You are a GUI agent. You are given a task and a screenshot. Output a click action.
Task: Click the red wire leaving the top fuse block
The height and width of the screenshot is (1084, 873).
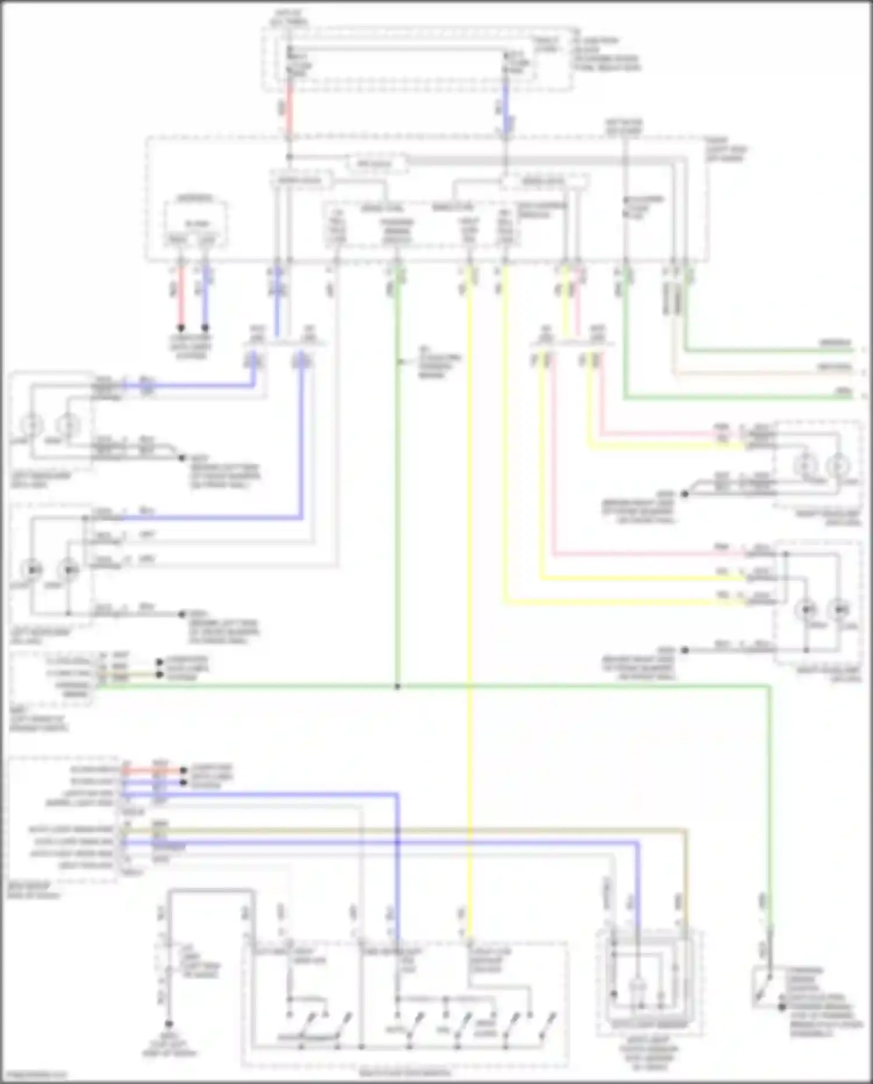(289, 111)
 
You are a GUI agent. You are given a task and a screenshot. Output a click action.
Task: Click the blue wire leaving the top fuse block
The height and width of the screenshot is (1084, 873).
(506, 111)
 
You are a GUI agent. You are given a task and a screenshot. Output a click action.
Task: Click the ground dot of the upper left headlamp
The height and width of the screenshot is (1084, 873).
(182, 458)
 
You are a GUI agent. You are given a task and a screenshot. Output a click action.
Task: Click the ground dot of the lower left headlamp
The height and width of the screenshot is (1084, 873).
(182, 614)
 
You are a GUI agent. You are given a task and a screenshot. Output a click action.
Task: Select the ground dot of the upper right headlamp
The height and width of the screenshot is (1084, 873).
(685, 494)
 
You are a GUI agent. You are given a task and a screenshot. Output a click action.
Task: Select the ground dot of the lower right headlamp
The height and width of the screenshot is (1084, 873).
(685, 650)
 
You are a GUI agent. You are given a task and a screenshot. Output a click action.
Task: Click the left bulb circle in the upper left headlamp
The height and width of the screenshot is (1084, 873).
(32, 426)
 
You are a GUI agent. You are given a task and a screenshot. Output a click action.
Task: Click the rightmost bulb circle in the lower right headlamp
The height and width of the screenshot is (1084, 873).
(840, 609)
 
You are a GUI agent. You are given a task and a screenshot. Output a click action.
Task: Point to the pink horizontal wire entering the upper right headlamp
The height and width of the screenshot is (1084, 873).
(658, 434)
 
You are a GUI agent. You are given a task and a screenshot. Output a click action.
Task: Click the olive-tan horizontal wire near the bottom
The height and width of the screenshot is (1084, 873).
(407, 829)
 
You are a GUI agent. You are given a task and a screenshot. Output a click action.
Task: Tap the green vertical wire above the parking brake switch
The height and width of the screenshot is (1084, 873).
(770, 815)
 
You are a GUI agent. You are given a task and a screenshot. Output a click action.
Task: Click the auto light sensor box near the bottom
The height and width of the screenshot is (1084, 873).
(648, 984)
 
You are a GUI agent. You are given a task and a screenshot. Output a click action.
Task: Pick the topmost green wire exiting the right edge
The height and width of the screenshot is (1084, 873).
(768, 351)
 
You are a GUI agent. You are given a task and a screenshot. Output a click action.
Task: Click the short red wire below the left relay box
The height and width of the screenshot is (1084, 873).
(181, 297)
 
